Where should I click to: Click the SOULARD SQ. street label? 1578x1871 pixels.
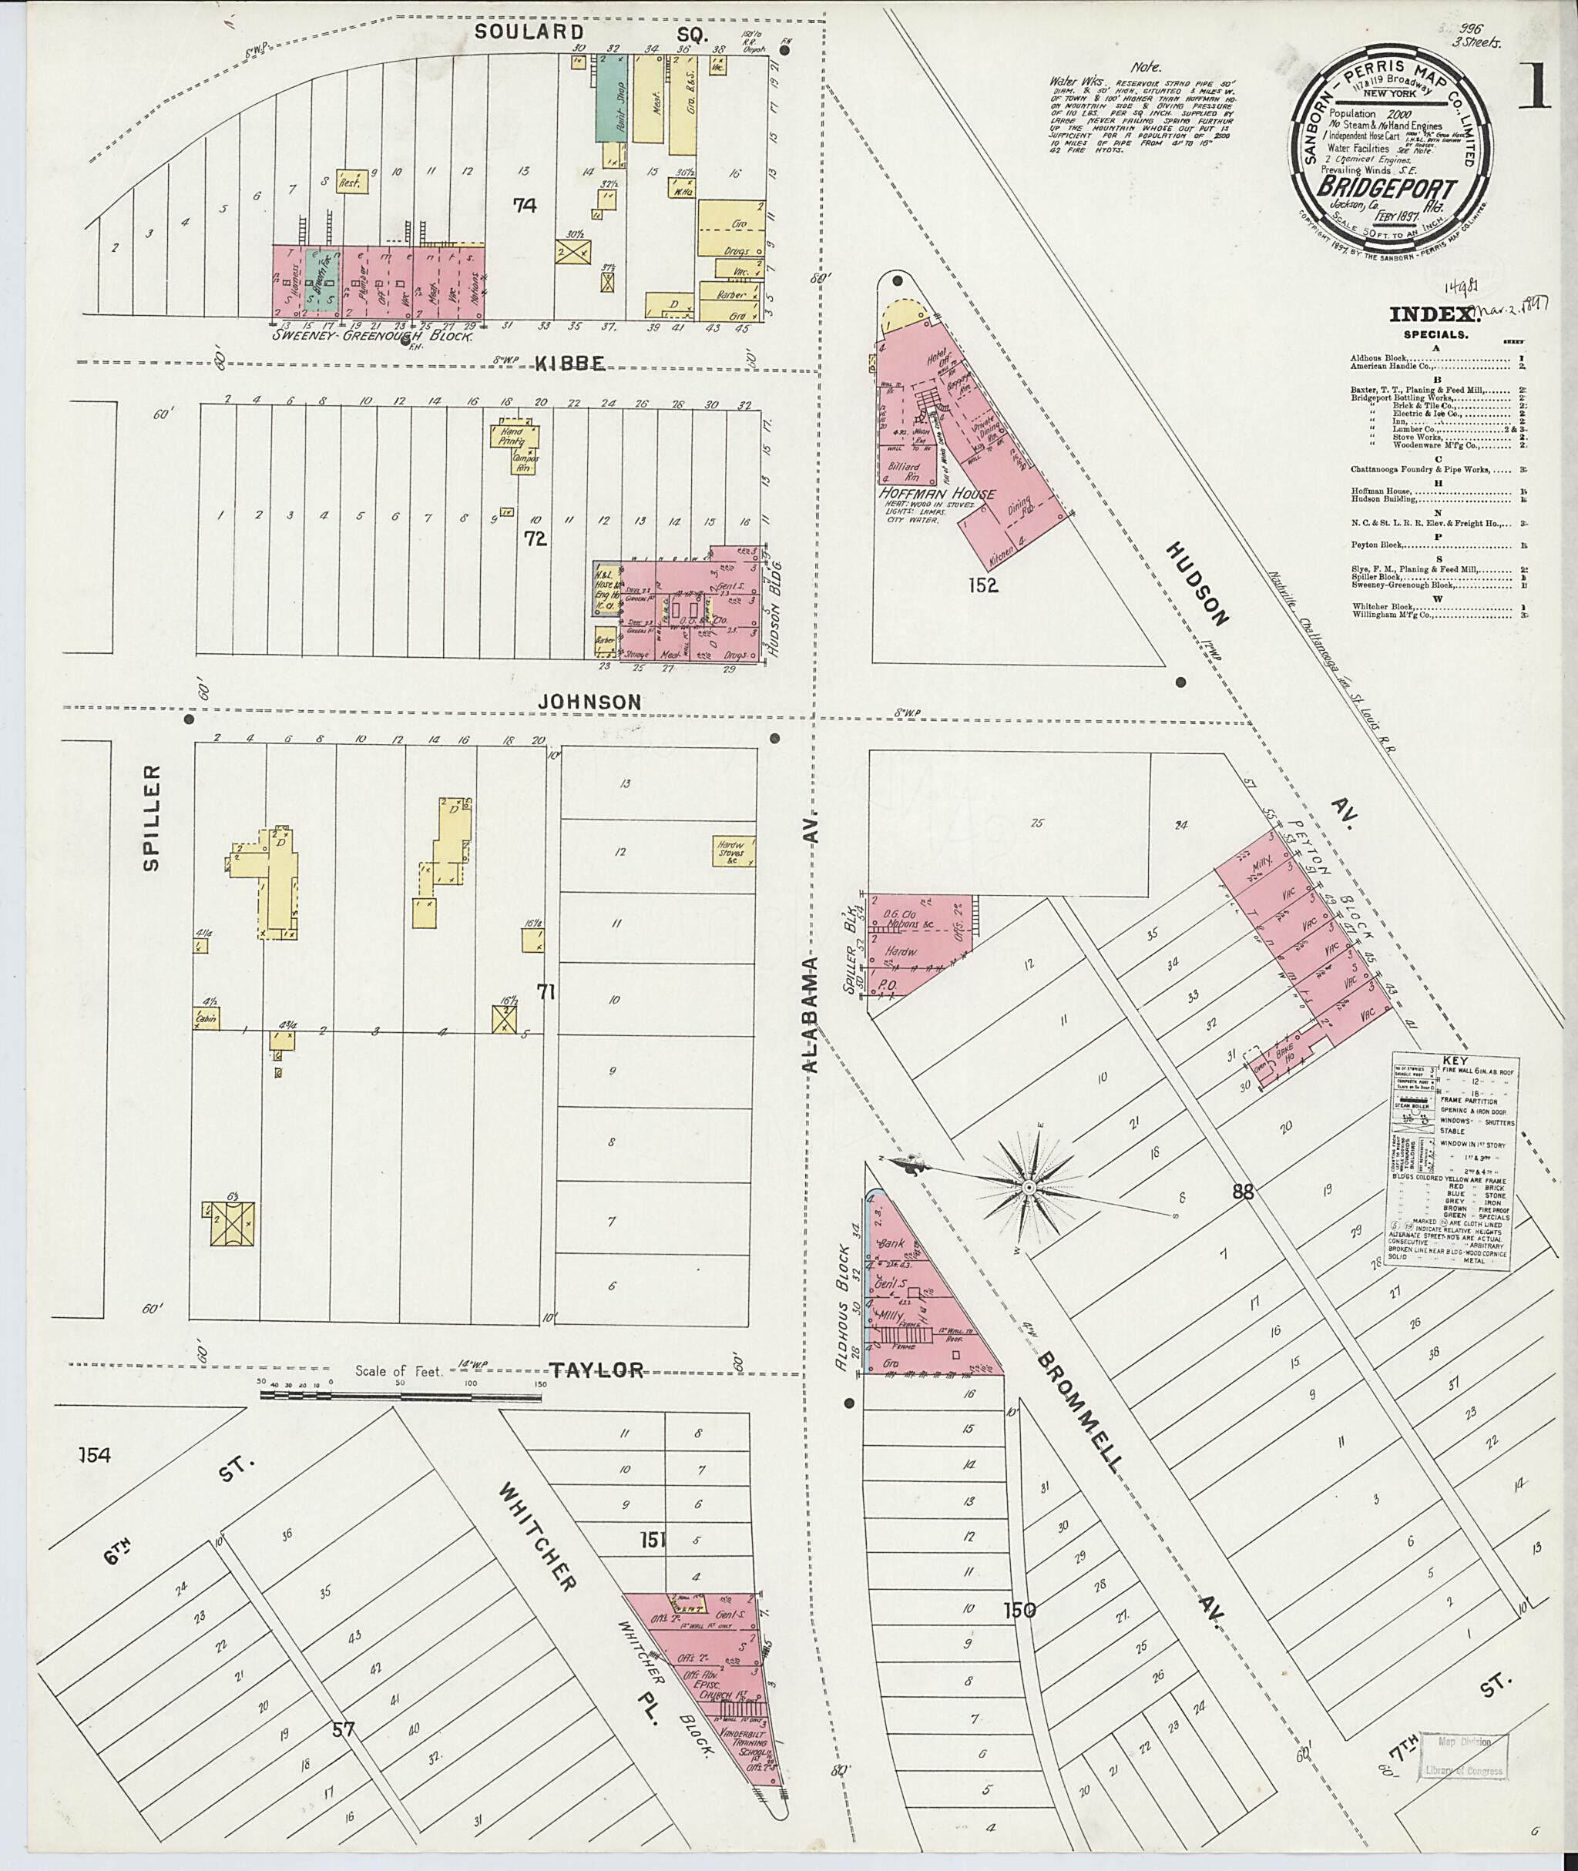pos(591,33)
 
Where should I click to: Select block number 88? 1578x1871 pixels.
pos(1244,1192)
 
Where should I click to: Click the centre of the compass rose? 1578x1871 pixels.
pos(1028,1187)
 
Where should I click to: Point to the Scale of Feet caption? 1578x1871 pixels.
pos(398,1396)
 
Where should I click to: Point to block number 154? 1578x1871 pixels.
pos(95,1456)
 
